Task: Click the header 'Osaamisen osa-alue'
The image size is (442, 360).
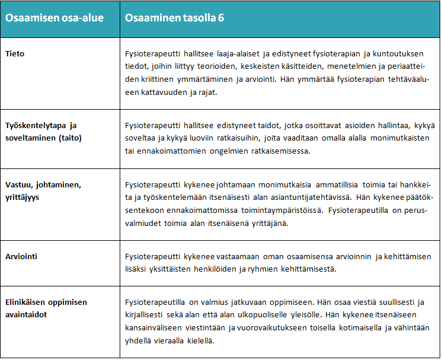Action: point(55,18)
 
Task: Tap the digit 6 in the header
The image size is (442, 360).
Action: point(220,18)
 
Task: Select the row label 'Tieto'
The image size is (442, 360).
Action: point(15,54)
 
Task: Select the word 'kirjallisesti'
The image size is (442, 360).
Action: point(147,316)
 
